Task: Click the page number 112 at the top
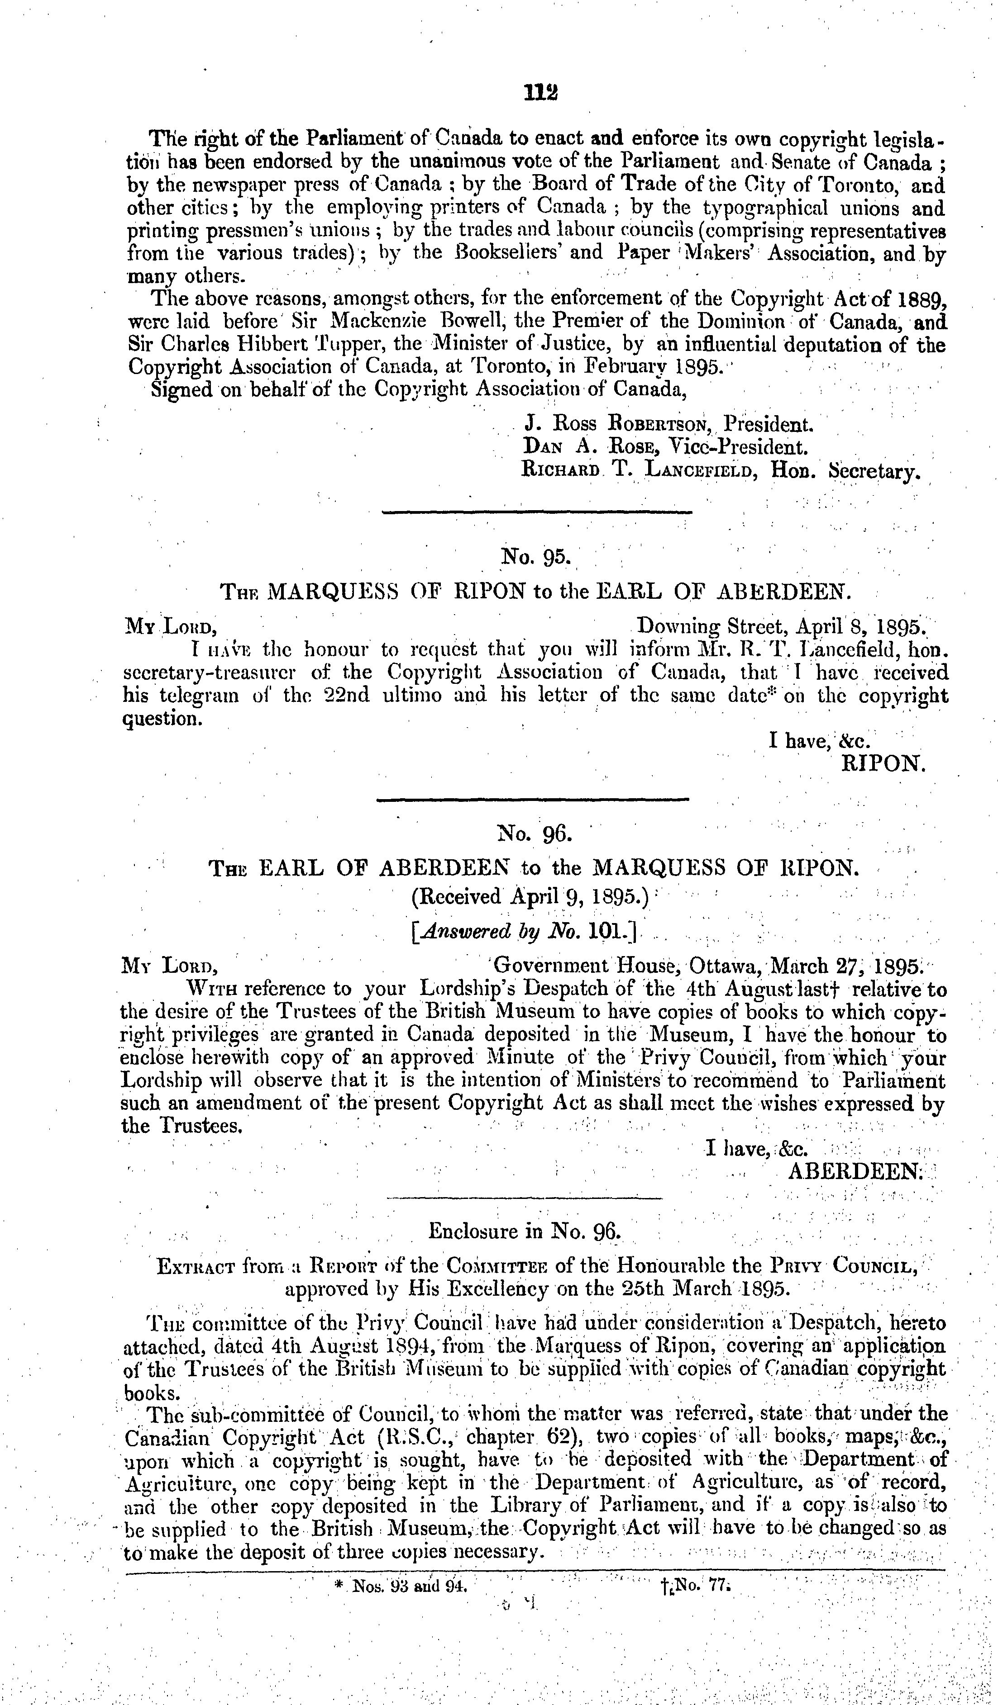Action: pos(540,92)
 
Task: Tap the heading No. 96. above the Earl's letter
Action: pos(535,834)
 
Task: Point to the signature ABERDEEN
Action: pos(855,1171)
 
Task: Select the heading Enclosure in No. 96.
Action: pos(525,1231)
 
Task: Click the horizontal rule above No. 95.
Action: pos(537,512)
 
